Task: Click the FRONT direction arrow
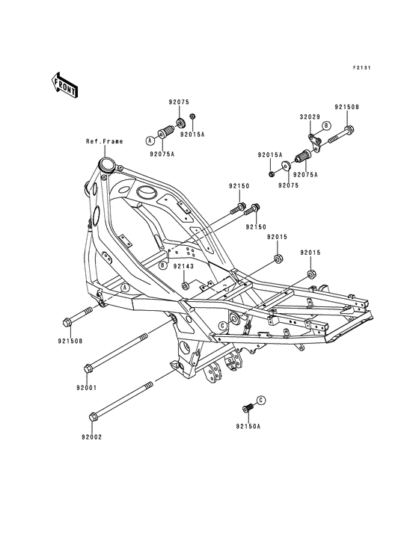tap(65, 84)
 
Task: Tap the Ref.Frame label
tap(105, 141)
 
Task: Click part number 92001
tap(87, 388)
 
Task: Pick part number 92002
tap(92, 436)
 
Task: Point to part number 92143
tap(183, 266)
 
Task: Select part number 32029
tap(309, 117)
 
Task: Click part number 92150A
tap(248, 426)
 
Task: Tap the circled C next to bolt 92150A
tap(261, 400)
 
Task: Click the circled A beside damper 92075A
tap(150, 140)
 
